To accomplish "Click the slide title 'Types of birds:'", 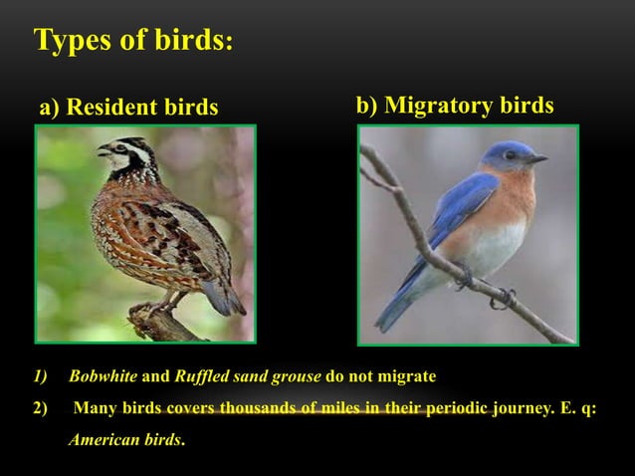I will [134, 41].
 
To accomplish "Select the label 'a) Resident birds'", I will [128, 108].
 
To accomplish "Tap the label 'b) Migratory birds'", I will [455, 106].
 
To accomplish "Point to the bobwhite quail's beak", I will [103, 151].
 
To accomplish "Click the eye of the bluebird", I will [511, 155].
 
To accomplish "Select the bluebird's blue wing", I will [453, 209].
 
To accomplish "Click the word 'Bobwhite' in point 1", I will [104, 377].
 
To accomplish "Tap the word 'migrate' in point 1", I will [408, 377].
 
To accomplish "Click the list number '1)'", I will [40, 377].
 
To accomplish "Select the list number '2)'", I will [40, 408].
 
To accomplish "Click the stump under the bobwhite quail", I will [164, 324].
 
